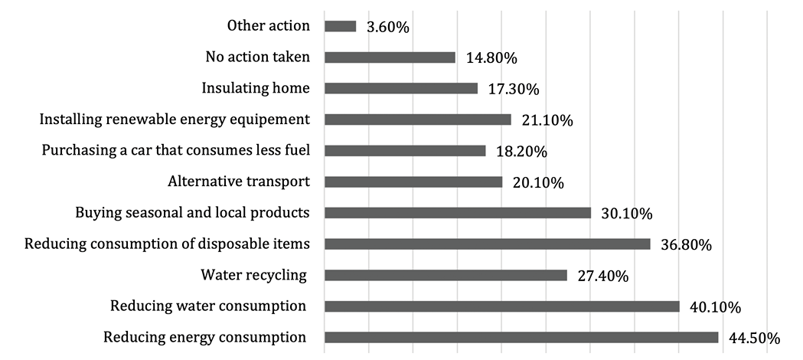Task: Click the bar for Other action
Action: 341,26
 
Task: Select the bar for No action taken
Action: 390,57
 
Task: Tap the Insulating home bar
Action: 401,88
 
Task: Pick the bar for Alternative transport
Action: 413,182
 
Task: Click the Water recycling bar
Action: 446,275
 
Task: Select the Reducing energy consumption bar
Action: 521,338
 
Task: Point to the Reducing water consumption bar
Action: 502,306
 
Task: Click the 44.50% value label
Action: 754,339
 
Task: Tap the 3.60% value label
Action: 388,28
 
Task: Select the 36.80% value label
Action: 686,245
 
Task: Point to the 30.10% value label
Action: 626,214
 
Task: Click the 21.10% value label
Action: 547,120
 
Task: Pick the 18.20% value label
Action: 521,152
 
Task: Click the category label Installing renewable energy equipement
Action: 175,119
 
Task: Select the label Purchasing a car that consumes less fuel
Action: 176,150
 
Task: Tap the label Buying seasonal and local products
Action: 192,212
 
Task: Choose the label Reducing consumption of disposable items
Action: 167,244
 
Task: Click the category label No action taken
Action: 257,57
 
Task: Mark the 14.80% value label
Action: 491,58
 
